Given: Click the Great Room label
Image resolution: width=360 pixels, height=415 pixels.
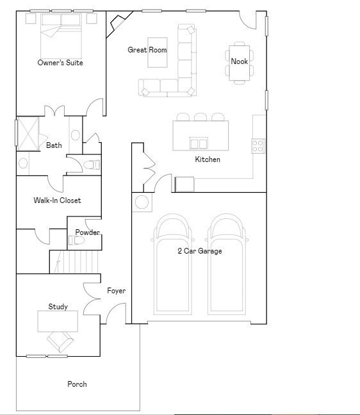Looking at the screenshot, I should (x=147, y=50).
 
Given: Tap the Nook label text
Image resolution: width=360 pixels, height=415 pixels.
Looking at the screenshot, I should (x=240, y=61).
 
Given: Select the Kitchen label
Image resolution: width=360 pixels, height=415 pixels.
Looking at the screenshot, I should (x=208, y=159).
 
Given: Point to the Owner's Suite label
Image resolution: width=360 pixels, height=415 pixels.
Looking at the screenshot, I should (x=60, y=63).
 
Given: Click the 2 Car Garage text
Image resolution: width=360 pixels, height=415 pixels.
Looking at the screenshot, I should (x=200, y=251).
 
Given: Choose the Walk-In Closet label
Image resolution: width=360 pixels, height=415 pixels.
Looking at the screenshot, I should (x=57, y=200).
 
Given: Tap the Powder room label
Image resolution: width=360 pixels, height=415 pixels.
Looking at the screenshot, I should (x=87, y=232).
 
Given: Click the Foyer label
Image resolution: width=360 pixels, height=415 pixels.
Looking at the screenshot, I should (x=116, y=291).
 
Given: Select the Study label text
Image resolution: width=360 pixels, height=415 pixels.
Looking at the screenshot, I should (x=58, y=307).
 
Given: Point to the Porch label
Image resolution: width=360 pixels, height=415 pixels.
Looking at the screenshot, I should (x=77, y=384).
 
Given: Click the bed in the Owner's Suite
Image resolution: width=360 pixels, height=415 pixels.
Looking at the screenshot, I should (x=61, y=35).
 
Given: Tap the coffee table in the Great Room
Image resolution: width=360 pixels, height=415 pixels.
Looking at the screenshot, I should (x=157, y=53).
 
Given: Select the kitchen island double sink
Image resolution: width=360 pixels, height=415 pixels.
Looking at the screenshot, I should (x=199, y=143).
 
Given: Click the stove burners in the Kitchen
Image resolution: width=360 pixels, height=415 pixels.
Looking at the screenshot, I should (x=258, y=146).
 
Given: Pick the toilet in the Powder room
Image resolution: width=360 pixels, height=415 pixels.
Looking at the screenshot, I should (x=77, y=241).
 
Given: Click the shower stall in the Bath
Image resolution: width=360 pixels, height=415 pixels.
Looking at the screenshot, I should (x=28, y=131).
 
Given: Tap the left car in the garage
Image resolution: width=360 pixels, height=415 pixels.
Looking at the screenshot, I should (x=172, y=266).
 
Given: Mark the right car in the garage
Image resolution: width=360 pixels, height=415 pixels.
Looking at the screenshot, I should (x=227, y=266).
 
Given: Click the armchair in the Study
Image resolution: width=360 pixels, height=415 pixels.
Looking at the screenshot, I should (x=60, y=341).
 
